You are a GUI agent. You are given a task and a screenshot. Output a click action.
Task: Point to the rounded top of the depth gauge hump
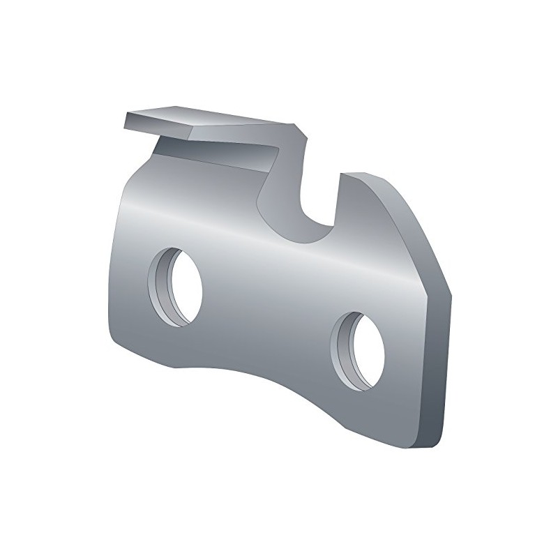pos(363,179)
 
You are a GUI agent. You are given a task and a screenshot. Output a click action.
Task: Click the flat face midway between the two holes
pos(272,307)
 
